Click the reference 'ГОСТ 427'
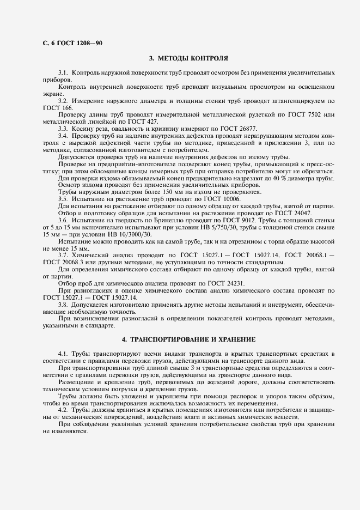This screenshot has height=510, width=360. pyautogui.click(x=142, y=122)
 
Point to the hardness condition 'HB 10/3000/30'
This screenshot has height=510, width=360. pyautogui.click(x=129, y=235)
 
